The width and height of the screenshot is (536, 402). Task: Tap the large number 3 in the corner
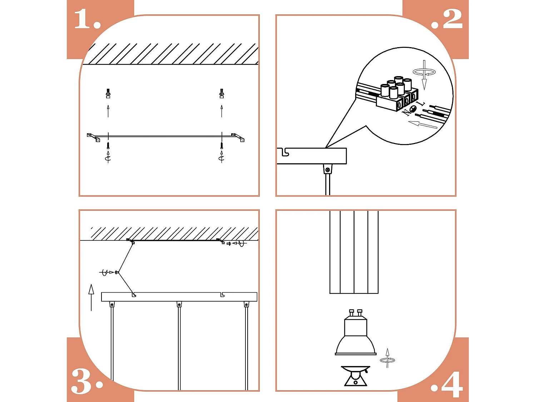coord(83,381)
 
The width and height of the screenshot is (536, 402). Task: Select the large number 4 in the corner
coord(452,384)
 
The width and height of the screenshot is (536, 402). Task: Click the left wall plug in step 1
coord(108,94)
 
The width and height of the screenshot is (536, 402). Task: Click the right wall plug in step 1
coord(222,94)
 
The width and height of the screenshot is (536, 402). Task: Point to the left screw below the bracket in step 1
coord(108,145)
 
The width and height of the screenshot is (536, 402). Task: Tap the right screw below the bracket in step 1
coord(222,145)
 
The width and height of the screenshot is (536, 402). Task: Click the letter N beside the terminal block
coord(406,113)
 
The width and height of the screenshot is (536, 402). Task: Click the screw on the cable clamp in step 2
coord(327,170)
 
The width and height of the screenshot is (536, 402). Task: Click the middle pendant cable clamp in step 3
coord(179,305)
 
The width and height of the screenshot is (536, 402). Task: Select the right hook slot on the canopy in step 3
coord(222,294)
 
